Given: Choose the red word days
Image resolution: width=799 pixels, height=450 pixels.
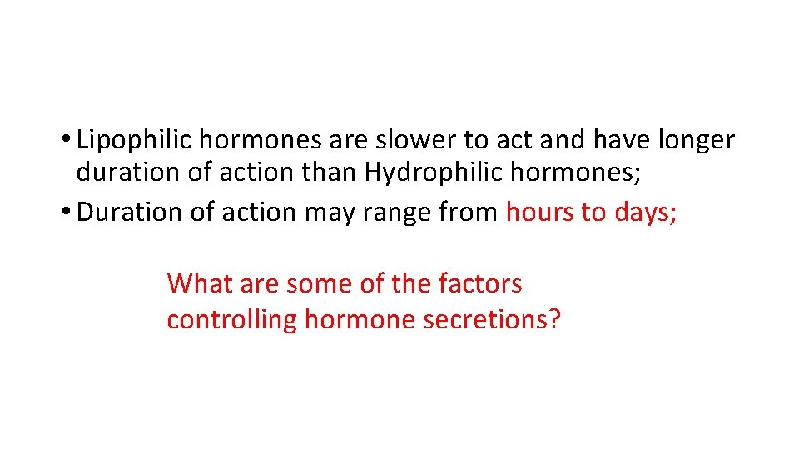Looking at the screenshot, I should pos(643,212).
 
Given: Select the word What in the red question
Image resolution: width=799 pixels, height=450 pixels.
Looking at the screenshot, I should pos(200,283).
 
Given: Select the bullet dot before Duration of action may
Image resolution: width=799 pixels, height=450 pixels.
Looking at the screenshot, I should pos(65,212).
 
